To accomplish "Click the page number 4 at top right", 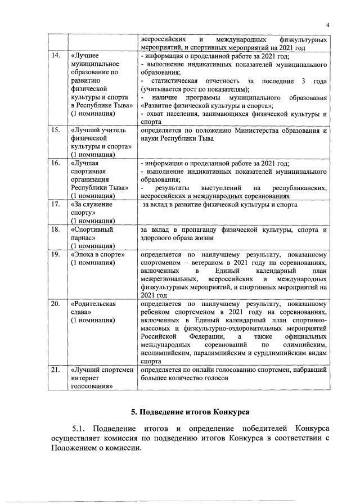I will click(x=327, y=25).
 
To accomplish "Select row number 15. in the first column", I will click(x=56, y=130).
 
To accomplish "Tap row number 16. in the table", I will click(x=56, y=164).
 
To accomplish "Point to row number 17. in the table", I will click(x=56, y=205).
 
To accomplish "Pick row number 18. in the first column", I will click(x=56, y=229).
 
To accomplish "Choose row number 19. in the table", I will click(x=56, y=254).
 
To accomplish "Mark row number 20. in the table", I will click(x=56, y=304).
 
